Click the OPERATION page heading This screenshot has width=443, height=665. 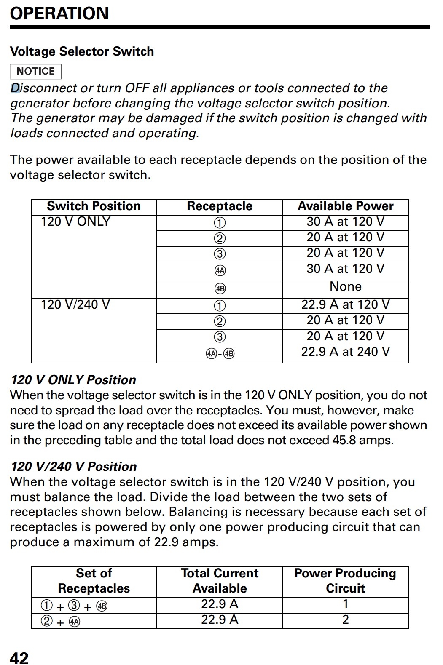59,13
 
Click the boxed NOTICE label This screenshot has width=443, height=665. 35,71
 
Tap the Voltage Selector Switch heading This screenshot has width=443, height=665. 82,51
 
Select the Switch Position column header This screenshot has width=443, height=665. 94,206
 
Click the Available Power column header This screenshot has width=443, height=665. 345,206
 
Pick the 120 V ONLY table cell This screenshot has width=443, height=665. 75,222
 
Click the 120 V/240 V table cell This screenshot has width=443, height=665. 75,304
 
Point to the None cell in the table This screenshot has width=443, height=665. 345,286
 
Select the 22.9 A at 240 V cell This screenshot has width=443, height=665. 345,352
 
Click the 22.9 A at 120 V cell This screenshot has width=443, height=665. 345,304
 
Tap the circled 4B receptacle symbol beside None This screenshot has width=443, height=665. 220,288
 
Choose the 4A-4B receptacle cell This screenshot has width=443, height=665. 220,353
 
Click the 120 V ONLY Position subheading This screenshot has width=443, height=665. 73,380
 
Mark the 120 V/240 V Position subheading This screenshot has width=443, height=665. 74,467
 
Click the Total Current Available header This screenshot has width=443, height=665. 220,581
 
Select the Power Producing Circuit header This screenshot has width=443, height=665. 345,581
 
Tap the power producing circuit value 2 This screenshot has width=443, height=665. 345,620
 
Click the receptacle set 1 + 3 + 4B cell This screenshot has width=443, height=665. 74,606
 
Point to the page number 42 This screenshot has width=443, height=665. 19,658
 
